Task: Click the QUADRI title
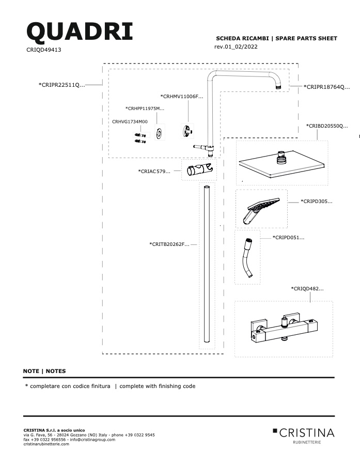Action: click(x=80, y=32)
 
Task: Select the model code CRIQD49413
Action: click(x=44, y=50)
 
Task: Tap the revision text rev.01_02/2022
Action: click(x=236, y=47)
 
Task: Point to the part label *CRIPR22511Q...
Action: click(x=61, y=85)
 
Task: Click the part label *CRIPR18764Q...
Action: click(x=326, y=87)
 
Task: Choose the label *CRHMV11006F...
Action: click(x=181, y=97)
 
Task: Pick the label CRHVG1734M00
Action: click(x=130, y=121)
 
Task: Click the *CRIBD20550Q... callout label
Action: click(x=327, y=126)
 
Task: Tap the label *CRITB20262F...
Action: click(x=169, y=244)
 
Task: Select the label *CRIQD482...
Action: click(x=307, y=288)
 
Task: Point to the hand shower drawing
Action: click(x=261, y=210)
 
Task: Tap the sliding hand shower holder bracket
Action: click(x=200, y=169)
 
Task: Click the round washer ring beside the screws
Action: click(x=160, y=132)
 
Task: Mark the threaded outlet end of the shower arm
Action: click(x=278, y=87)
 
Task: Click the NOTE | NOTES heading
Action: click(x=44, y=371)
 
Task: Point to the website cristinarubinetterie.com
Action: click(x=46, y=444)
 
